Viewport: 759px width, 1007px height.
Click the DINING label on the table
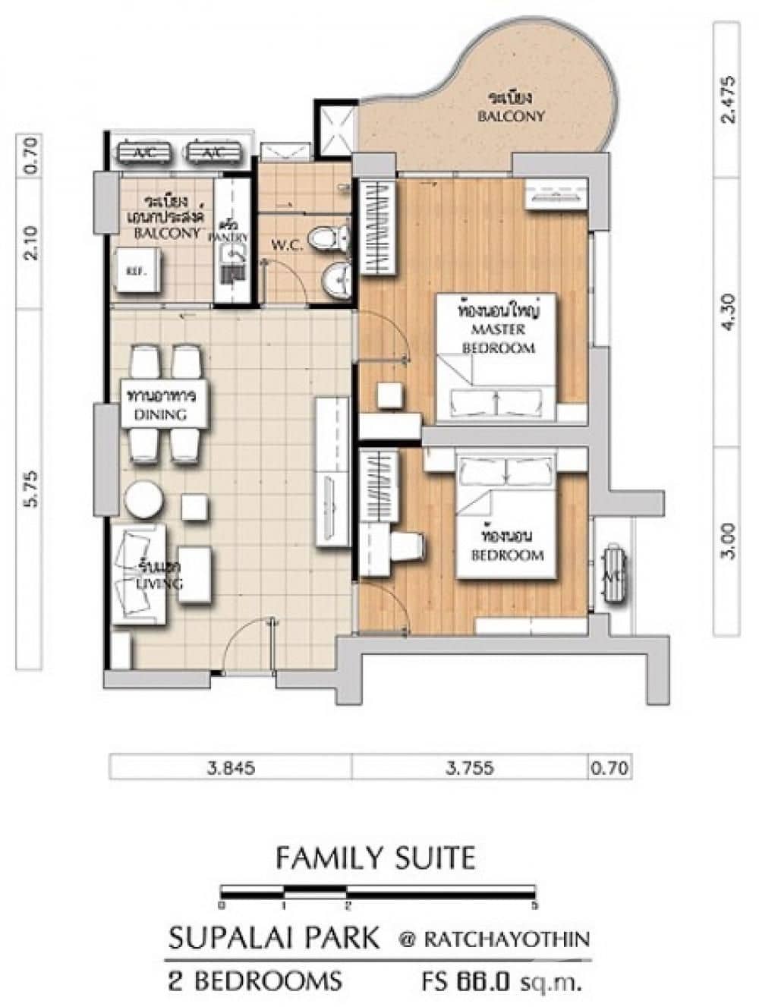(x=159, y=414)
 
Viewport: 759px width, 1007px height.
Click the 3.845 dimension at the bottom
(x=229, y=767)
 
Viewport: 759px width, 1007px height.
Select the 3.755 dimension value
(x=470, y=767)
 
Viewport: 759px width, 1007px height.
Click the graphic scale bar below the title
(x=377, y=892)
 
